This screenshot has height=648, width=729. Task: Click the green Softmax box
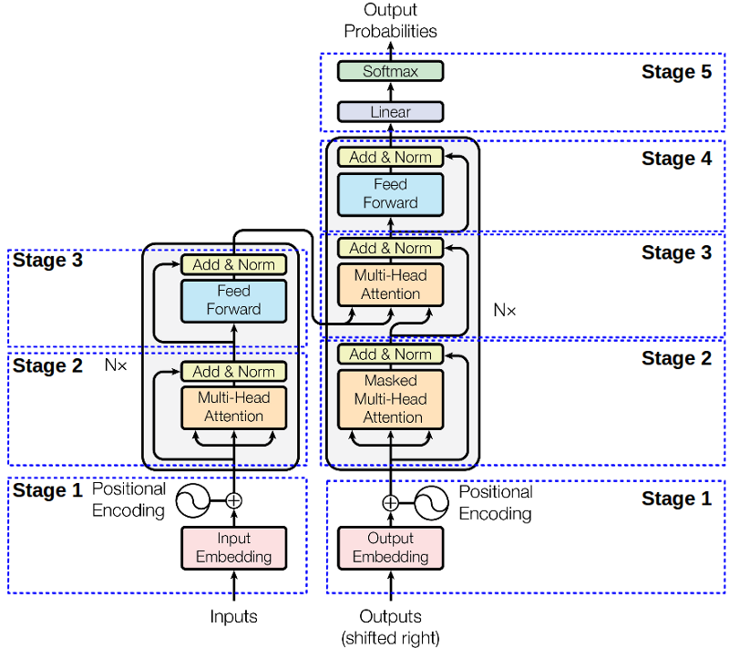[390, 71]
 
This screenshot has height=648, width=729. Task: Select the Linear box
[390, 112]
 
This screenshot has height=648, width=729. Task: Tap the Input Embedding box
[233, 548]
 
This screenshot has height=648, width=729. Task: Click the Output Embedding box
[390, 548]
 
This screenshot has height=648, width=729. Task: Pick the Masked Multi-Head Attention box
[390, 399]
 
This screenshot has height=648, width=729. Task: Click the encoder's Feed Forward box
[233, 301]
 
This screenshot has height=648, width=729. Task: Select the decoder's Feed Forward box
[390, 194]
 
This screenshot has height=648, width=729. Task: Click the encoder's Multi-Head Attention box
[233, 407]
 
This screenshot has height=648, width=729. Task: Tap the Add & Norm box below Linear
[390, 157]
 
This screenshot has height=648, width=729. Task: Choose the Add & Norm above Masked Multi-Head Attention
[390, 354]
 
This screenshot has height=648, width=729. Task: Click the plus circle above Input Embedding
[234, 499]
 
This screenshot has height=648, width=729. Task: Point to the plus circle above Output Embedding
[390, 502]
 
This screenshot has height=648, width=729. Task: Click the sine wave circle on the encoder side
[193, 499]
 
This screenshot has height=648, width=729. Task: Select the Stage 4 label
[676, 159]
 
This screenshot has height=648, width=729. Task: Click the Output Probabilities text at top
[390, 21]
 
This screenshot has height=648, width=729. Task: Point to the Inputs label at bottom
[233, 617]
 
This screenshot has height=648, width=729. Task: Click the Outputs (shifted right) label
[390, 626]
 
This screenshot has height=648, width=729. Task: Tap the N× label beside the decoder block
[504, 310]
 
